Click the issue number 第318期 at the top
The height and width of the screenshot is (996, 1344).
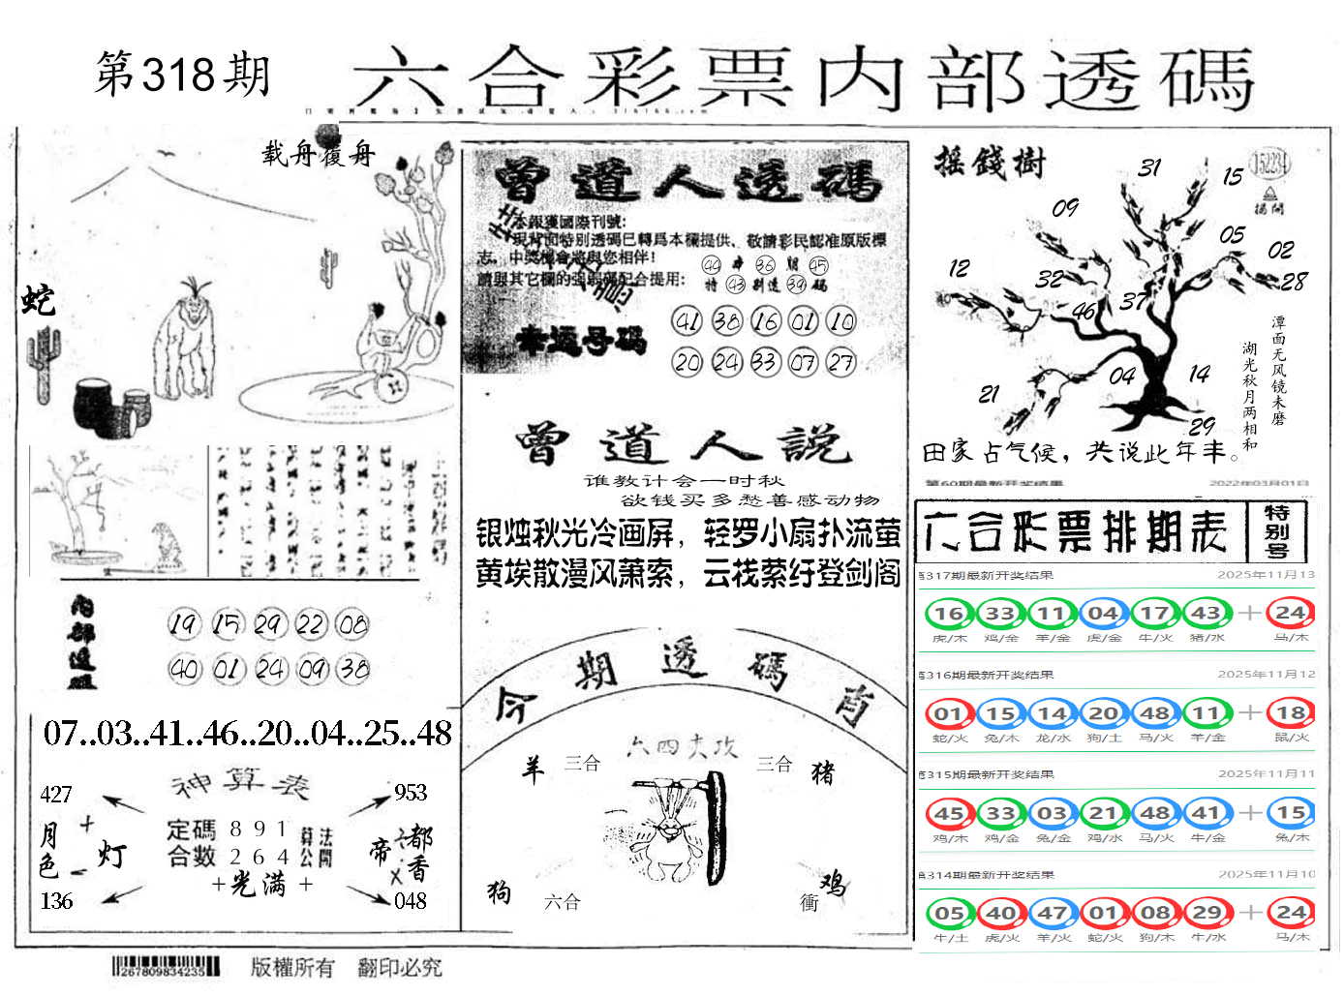pos(182,74)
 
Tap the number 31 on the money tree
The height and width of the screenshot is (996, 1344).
pos(1149,167)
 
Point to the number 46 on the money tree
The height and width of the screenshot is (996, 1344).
pos(1084,312)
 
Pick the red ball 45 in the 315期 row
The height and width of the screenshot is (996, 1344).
pos(948,813)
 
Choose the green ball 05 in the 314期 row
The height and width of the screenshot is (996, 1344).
pos(948,913)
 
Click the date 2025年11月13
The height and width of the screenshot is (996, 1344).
pos(1266,575)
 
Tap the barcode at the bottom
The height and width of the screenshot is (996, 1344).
pos(166,966)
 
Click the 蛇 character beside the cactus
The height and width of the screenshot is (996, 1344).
pos(39,300)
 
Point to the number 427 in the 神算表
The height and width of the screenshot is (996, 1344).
pos(56,795)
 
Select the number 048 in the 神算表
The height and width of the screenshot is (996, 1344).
pos(411,901)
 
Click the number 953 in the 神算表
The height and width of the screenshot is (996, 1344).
pos(411,793)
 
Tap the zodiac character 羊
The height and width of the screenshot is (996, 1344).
pos(533,770)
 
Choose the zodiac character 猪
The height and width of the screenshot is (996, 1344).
pos(823,771)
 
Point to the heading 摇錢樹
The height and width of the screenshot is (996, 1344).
pos(990,163)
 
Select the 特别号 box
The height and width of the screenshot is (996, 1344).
pos(1276,531)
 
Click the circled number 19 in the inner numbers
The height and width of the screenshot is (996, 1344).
pos(184,624)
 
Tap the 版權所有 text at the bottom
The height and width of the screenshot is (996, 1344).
pos(292,967)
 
